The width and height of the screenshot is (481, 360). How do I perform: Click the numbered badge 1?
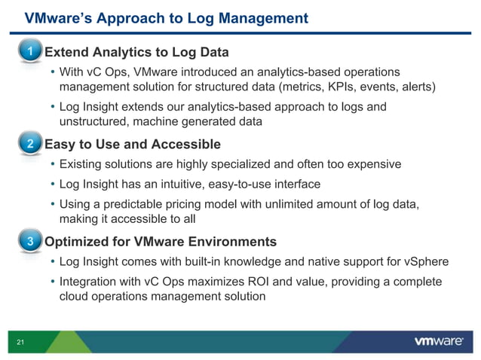point(29,53)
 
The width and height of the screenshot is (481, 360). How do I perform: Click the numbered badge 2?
point(29,145)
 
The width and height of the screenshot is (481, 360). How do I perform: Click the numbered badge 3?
point(29,242)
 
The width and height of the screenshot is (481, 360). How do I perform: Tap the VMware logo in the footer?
point(438,342)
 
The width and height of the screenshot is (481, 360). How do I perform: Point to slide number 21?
point(21,343)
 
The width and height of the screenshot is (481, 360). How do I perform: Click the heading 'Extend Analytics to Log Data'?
point(136,53)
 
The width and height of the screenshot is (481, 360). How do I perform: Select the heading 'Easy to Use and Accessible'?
point(133,145)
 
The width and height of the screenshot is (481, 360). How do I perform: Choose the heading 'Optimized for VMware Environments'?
point(161,242)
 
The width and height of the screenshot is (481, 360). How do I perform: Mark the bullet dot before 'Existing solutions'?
point(52,164)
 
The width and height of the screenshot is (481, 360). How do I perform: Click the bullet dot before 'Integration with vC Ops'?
point(52,282)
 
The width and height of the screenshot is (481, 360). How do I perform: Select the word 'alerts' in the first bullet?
point(417,87)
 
